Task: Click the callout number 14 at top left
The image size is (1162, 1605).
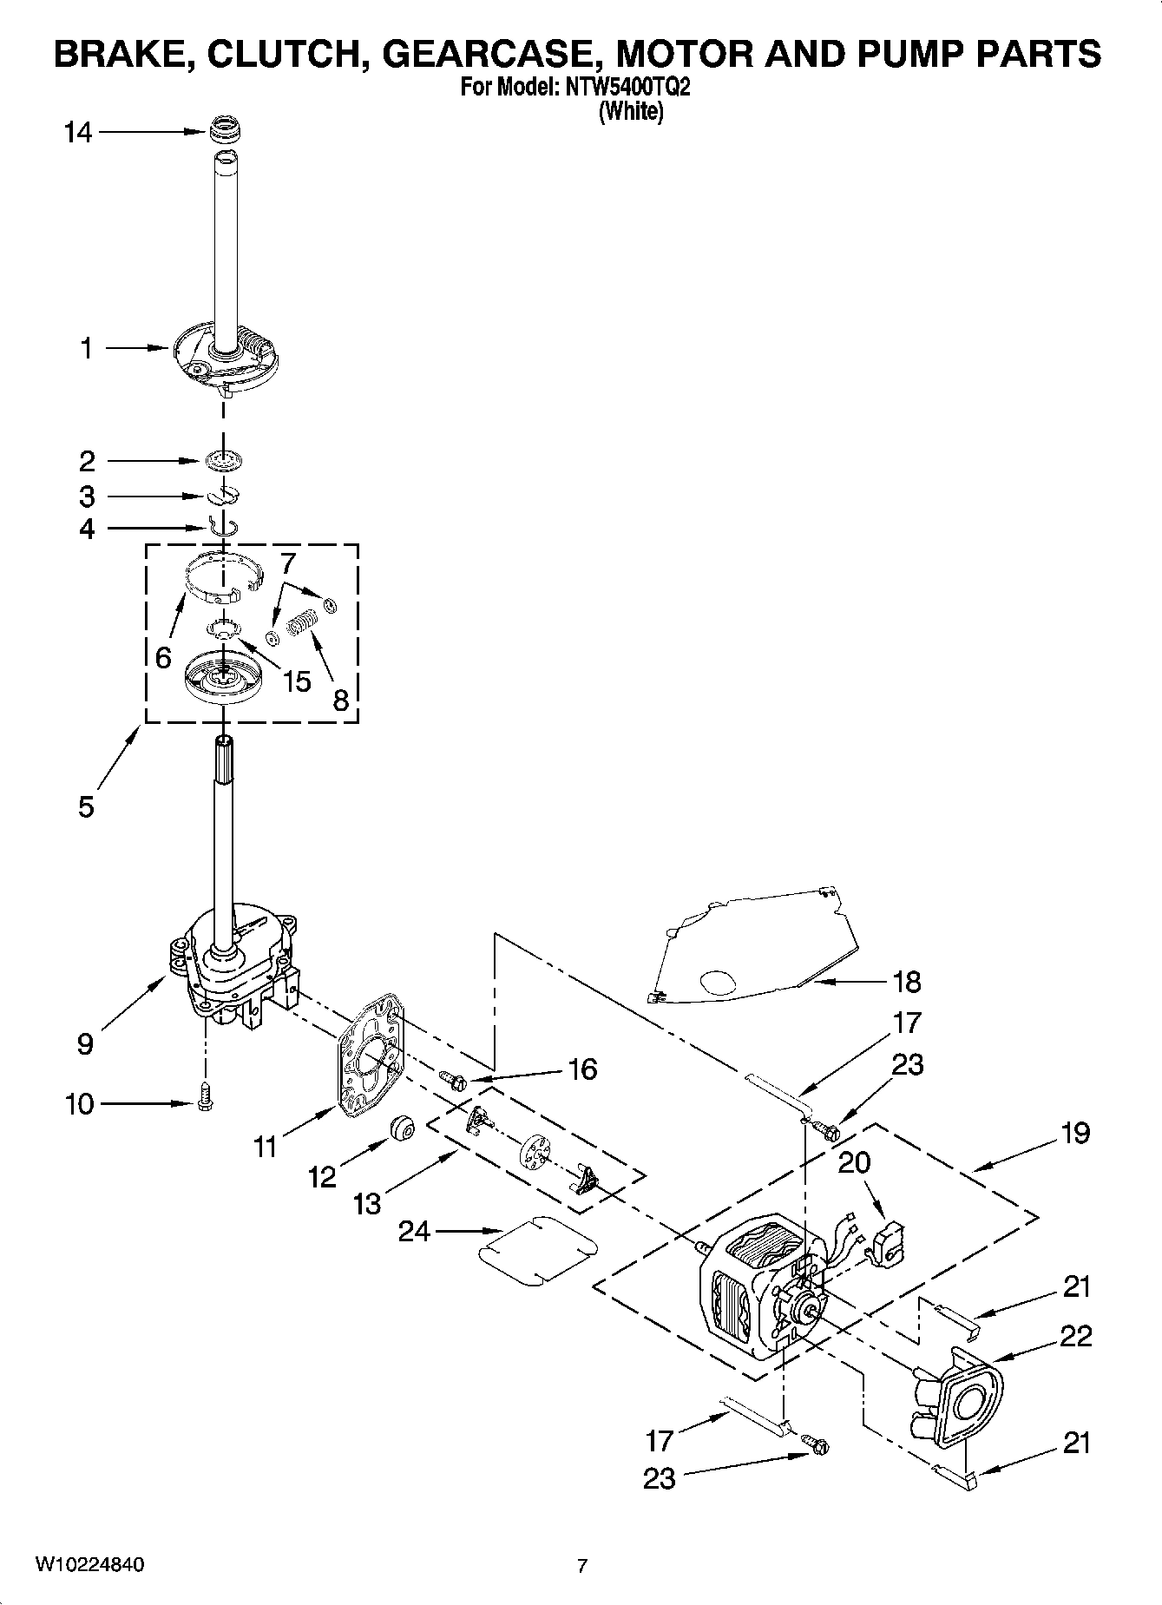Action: (78, 133)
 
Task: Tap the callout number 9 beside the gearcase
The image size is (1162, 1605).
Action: (85, 1043)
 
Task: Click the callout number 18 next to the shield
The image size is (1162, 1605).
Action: (906, 982)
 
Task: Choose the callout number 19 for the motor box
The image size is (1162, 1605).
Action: (1074, 1133)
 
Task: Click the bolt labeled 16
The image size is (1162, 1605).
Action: (455, 1080)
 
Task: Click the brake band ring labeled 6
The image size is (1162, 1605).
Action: (223, 576)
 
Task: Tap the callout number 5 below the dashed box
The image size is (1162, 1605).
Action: (85, 806)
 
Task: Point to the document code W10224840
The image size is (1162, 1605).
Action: (90, 1565)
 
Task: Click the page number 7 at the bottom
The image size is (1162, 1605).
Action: (582, 1566)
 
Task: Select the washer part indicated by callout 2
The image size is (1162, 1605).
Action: (224, 461)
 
